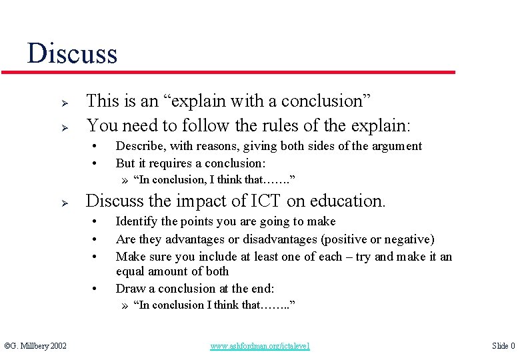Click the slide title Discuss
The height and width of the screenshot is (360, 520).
[x=72, y=53]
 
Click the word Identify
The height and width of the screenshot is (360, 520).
[x=138, y=221]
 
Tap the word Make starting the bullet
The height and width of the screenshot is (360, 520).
[x=130, y=257]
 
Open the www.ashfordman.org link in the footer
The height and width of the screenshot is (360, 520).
[x=260, y=346]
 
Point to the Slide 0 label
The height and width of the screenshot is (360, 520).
[x=503, y=345]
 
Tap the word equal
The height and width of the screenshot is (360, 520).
[x=131, y=271]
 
